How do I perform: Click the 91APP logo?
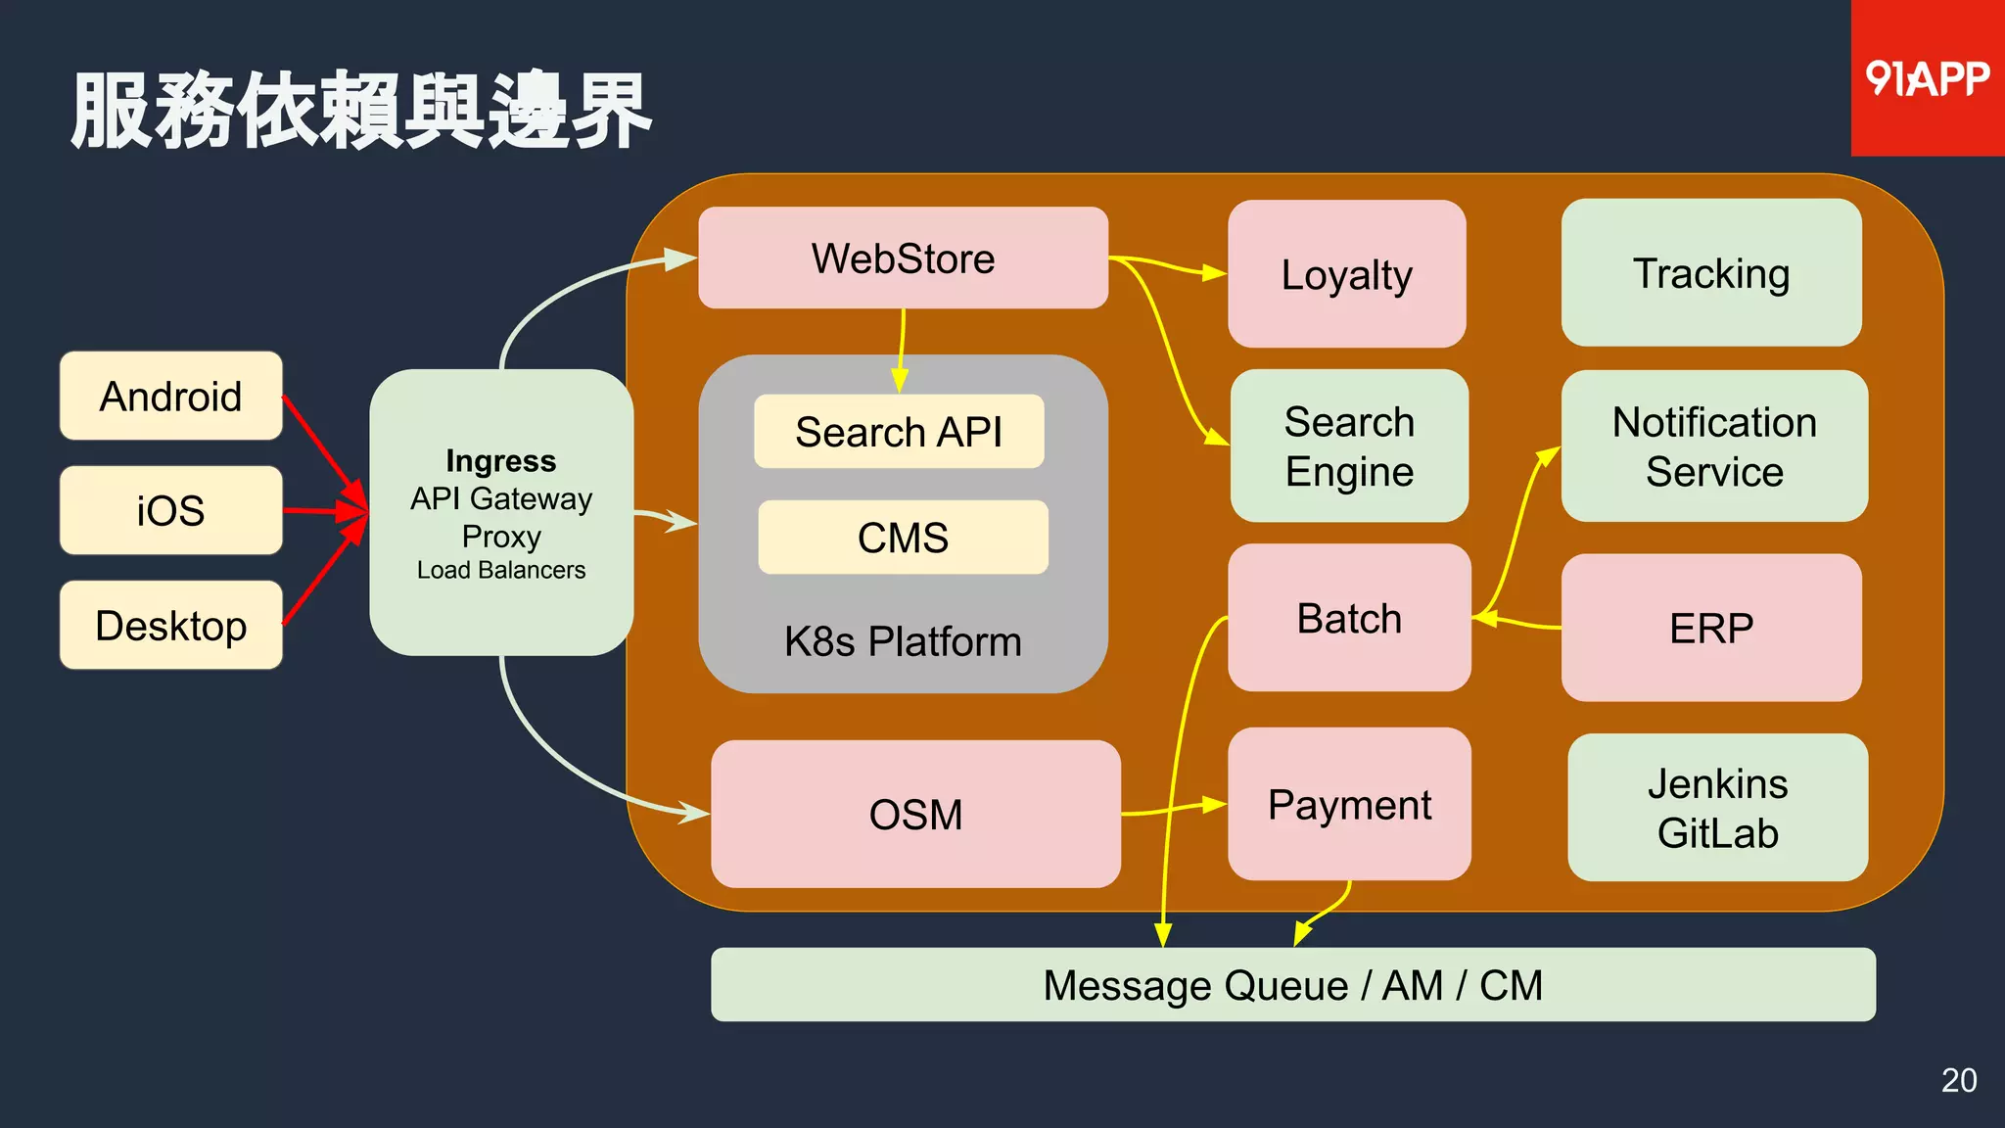click(1926, 78)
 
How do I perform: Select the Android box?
click(171, 397)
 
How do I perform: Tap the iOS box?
click(171, 510)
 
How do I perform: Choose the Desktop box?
click(171, 626)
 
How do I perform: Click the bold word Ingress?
click(500, 460)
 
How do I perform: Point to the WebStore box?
click(903, 258)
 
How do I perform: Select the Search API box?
click(899, 432)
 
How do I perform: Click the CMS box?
click(903, 538)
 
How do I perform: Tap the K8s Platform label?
click(903, 641)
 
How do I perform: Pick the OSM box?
click(915, 815)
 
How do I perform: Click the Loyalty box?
click(1346, 274)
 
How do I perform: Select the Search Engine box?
click(1349, 446)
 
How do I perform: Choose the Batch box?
click(1349, 619)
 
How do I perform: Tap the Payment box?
click(1349, 805)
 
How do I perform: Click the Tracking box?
click(1711, 273)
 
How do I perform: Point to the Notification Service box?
click(1714, 446)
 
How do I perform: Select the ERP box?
click(1711, 628)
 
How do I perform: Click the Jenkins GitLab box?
click(1717, 808)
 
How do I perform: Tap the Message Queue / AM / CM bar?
click(1292, 985)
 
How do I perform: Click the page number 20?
click(1959, 1080)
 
